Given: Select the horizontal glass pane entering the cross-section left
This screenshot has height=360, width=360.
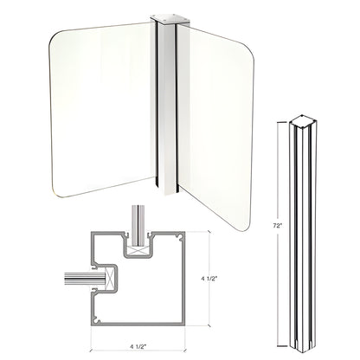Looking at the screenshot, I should [78, 280].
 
